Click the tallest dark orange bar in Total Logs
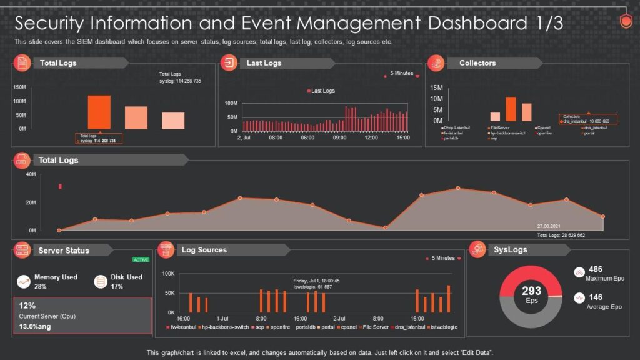click(99, 112)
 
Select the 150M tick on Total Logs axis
click(19, 87)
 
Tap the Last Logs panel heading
click(264, 62)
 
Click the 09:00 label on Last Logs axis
click(339, 137)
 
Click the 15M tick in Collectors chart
click(436, 88)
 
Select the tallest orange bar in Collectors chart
click(511, 109)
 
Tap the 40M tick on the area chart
click(31, 174)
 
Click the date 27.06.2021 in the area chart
click(549, 226)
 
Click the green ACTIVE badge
click(141, 259)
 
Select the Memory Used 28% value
click(41, 287)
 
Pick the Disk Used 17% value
click(117, 287)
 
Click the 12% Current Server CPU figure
click(27, 306)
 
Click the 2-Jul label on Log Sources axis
click(339, 318)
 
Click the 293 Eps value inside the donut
click(531, 291)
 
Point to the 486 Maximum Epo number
click(596, 269)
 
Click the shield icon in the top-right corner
click(626, 21)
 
